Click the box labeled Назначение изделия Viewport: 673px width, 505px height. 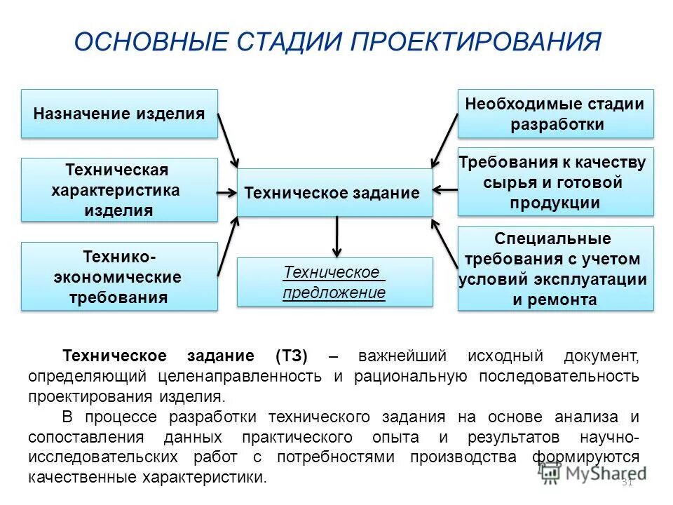point(119,114)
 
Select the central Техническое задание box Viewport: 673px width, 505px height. point(334,192)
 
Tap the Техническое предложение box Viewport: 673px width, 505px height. point(334,282)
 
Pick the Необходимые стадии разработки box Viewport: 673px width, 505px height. point(555,114)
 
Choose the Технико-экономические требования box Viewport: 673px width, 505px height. point(119,276)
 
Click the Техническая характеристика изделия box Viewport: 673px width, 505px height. point(119,190)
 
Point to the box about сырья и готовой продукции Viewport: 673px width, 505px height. point(555,182)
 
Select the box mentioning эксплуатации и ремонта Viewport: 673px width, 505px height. point(555,269)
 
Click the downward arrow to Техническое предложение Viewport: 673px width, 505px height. point(337,236)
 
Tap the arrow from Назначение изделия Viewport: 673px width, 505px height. point(229,139)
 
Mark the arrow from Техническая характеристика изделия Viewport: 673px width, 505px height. point(227,191)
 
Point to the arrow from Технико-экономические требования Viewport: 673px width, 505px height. point(229,245)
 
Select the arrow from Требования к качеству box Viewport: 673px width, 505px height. point(445,189)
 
